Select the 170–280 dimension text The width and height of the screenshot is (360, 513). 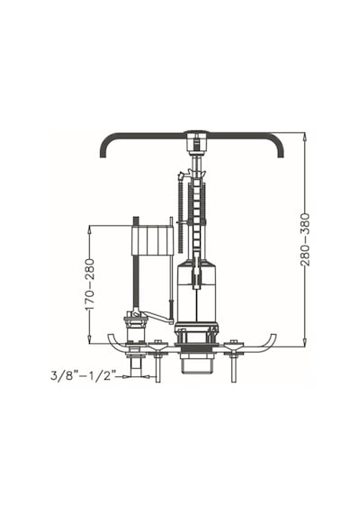(89, 284)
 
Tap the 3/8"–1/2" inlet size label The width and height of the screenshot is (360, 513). (83, 375)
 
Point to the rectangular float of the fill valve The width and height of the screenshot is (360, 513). (151, 240)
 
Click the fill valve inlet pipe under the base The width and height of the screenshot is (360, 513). (136, 364)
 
